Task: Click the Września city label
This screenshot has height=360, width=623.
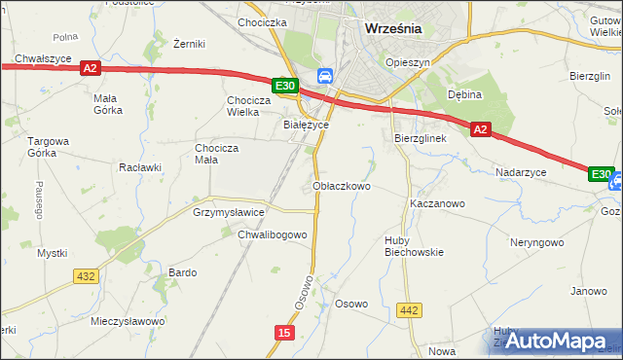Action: (392, 28)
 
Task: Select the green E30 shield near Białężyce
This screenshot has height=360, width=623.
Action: (285, 87)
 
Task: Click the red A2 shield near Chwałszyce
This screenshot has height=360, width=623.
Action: (90, 68)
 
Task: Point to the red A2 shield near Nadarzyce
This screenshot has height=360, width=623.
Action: (480, 127)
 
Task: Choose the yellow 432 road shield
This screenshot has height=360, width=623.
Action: (86, 276)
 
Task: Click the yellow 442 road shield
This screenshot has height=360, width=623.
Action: (410, 310)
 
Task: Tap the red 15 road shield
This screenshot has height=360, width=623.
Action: (283, 333)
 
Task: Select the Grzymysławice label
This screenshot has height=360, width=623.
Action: (229, 211)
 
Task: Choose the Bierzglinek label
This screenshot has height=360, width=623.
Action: (420, 139)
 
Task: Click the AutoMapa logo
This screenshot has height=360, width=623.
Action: (557, 341)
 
